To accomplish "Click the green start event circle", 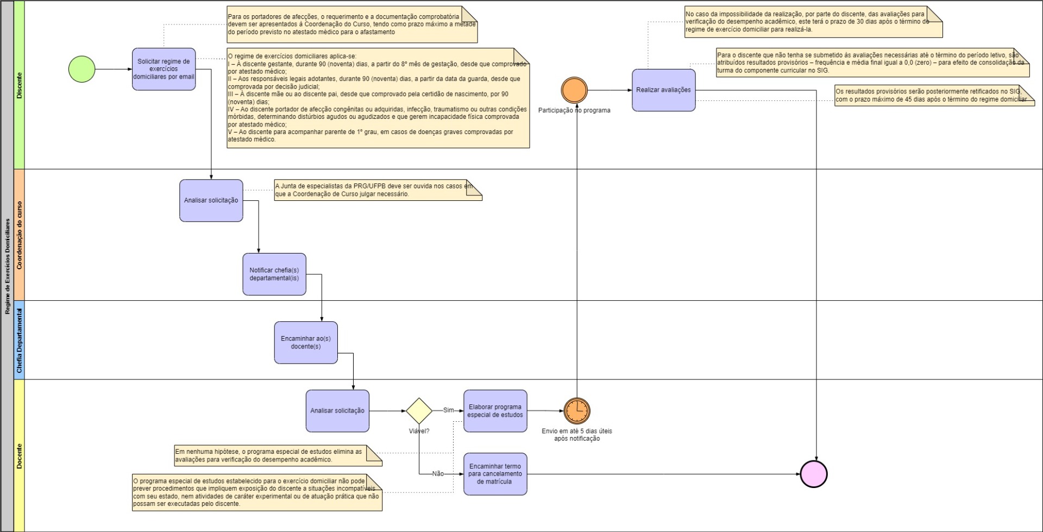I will [x=82, y=69].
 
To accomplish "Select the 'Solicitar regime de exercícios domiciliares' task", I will [x=164, y=69].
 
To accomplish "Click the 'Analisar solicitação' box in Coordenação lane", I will [x=211, y=200].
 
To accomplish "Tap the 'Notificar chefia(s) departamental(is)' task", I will [x=274, y=274].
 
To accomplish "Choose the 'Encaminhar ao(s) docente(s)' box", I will [x=305, y=343].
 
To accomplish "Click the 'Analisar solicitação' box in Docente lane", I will [x=337, y=411].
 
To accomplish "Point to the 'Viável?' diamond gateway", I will [x=419, y=411].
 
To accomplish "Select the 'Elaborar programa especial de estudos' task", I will [x=495, y=411].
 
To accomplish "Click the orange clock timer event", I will [x=576, y=411].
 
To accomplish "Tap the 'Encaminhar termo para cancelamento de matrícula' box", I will [x=495, y=474].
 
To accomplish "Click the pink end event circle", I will [x=814, y=474].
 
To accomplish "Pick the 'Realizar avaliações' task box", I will [x=663, y=90].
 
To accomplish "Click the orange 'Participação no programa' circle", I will [x=574, y=90].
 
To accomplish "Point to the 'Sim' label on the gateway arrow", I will [x=449, y=410].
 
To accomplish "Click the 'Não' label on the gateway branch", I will [x=438, y=474].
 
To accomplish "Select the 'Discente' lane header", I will [x=20, y=85].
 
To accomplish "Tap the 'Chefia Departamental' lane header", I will [x=20, y=340].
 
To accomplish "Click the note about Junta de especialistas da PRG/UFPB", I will [x=378, y=190].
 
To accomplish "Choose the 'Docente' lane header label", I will [x=20, y=456].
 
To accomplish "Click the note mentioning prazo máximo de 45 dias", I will [x=934, y=96].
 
